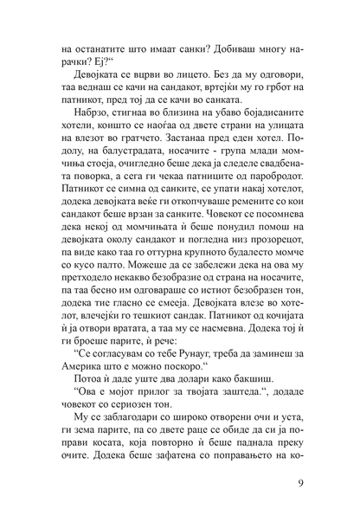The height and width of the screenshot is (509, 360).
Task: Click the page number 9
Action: tap(299, 482)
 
